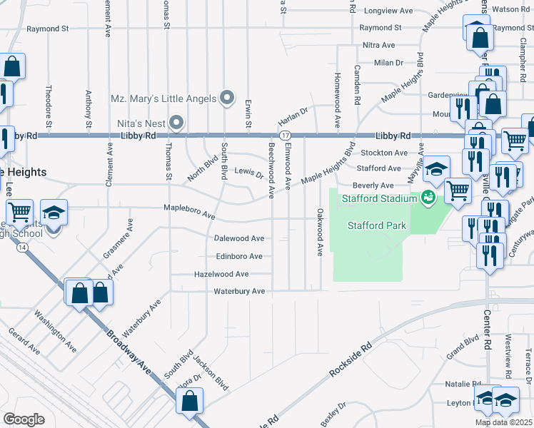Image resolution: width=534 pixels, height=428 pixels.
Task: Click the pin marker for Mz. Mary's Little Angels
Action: pyautogui.click(x=228, y=98)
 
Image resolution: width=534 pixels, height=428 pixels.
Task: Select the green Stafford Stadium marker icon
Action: pyautogui.click(x=428, y=198)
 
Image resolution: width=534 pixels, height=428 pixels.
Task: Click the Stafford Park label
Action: pyautogui.click(x=376, y=226)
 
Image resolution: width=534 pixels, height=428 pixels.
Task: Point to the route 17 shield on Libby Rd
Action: pyautogui.click(x=285, y=136)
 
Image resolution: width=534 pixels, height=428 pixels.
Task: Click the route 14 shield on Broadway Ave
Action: pyautogui.click(x=24, y=247)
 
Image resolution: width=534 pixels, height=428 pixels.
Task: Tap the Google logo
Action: pyautogui.click(x=24, y=419)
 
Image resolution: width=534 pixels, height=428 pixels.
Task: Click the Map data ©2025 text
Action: pyautogui.click(x=503, y=422)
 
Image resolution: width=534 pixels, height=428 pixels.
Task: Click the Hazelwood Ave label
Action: pyautogui.click(x=221, y=274)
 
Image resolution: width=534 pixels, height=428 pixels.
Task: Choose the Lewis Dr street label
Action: pyautogui.click(x=249, y=173)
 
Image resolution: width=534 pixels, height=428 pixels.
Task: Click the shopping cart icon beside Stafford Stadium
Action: pyautogui.click(x=458, y=190)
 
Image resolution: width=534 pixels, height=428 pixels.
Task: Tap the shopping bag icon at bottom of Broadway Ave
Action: pyautogui.click(x=191, y=400)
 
